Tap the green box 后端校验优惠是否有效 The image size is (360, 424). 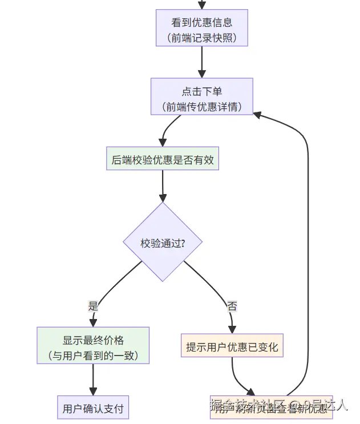[163, 160]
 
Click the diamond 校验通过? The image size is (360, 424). [163, 243]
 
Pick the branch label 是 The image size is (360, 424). [93, 306]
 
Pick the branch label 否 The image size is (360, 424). [232, 306]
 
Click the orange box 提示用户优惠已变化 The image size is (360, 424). [232, 347]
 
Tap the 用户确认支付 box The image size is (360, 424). [93, 409]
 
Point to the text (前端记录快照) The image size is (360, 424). [201, 38]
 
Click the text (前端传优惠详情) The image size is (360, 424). [201, 107]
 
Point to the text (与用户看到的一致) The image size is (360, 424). [93, 356]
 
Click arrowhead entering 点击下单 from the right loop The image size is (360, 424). [258, 114]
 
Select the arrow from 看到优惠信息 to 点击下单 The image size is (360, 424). [201, 63]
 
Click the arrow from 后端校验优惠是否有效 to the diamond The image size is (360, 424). [163, 185]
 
